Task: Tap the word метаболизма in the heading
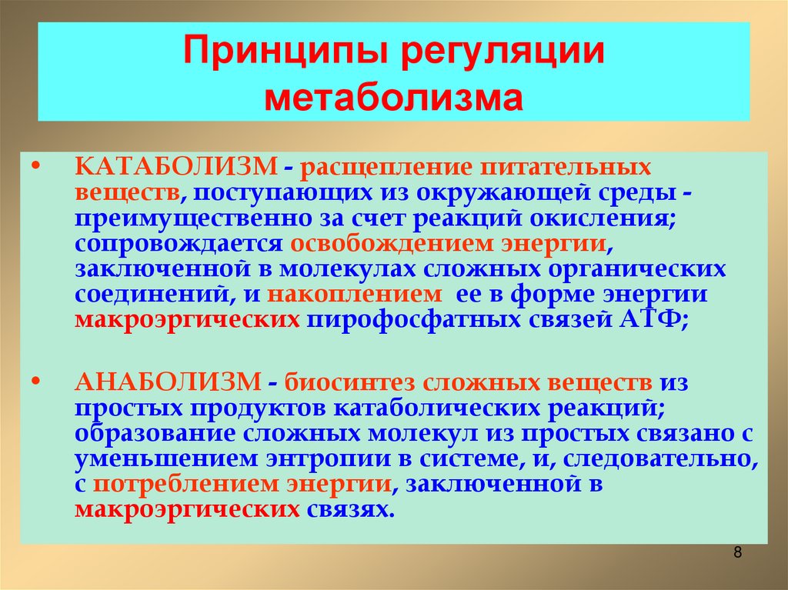pos(394,98)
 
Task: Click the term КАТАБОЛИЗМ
pos(176,166)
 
